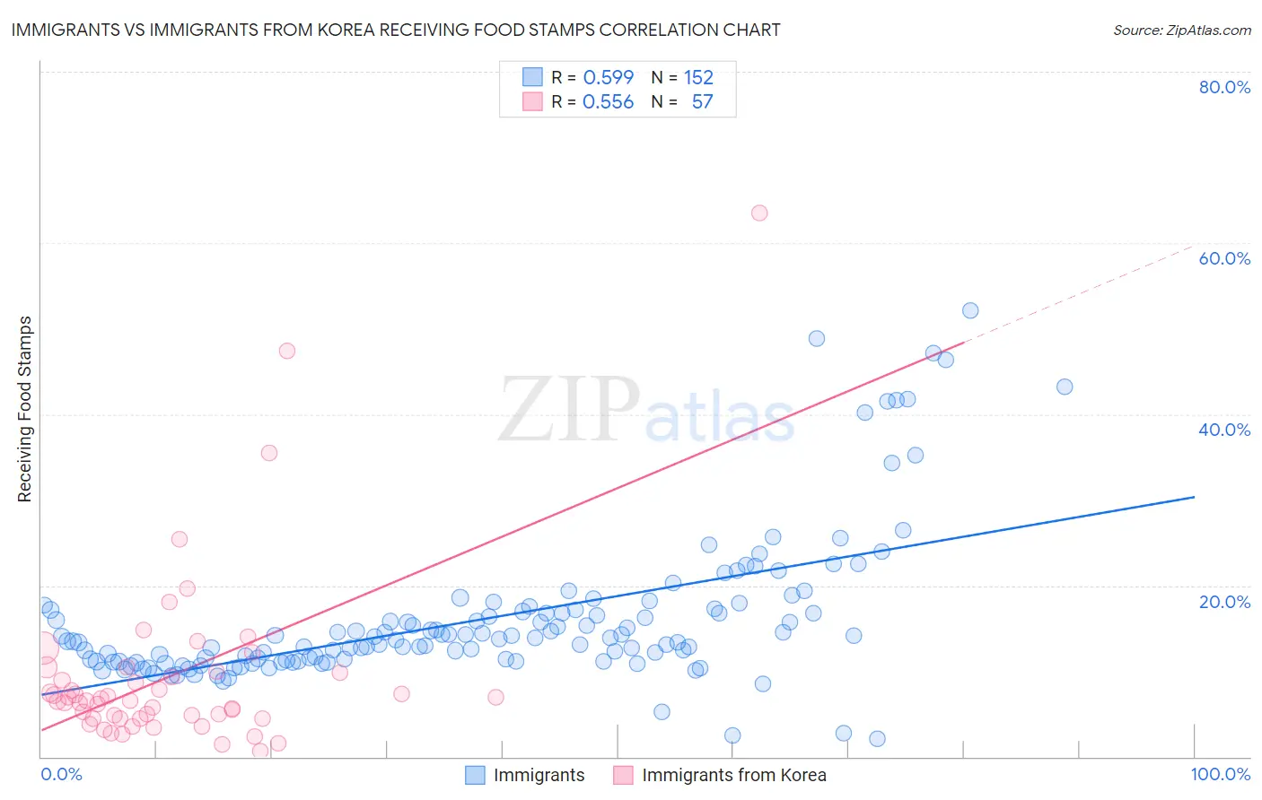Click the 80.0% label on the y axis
[x=1224, y=87]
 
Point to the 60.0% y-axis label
[x=1224, y=258]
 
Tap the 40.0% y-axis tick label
[x=1224, y=430]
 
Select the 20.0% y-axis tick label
[x=1224, y=602]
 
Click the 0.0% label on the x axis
[x=61, y=774]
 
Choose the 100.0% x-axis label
[x=1220, y=774]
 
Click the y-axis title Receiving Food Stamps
[x=25, y=409]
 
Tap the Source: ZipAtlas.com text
[x=1181, y=30]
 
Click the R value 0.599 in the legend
[x=608, y=77]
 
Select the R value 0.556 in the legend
[x=608, y=102]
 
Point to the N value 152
[x=698, y=77]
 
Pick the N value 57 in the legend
[x=702, y=102]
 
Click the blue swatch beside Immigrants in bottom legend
[x=475, y=775]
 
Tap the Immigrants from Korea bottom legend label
[x=733, y=775]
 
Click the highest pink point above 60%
[x=759, y=213]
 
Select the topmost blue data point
[x=970, y=310]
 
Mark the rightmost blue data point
[x=1065, y=387]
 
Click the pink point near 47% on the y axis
[x=287, y=351]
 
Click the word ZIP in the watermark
[x=569, y=410]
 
